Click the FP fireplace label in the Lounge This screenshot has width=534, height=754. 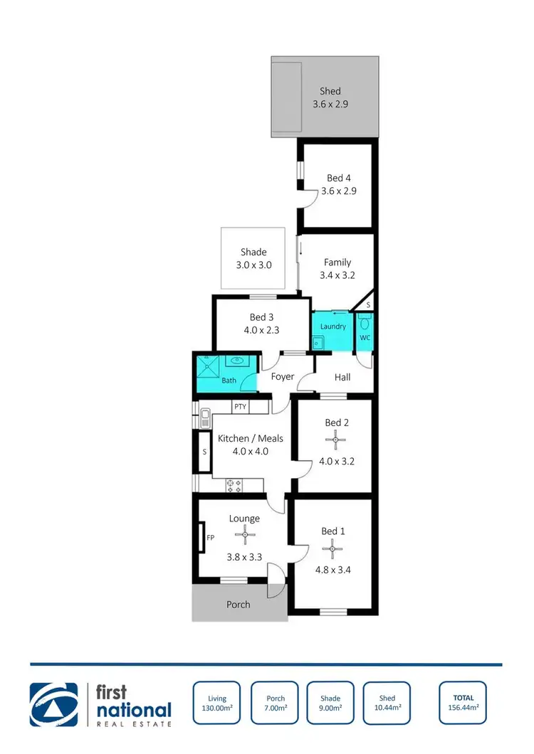(x=211, y=538)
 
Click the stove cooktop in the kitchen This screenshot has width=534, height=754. (x=234, y=486)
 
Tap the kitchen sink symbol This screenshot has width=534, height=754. (x=204, y=418)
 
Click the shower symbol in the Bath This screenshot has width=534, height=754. (x=210, y=366)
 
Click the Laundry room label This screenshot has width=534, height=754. (x=333, y=326)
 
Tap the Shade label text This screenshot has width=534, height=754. (x=253, y=252)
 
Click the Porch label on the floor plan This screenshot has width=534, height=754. (x=239, y=605)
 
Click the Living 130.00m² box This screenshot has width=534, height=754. (x=217, y=703)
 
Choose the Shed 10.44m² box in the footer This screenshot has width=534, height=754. (x=387, y=703)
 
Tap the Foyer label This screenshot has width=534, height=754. (x=283, y=376)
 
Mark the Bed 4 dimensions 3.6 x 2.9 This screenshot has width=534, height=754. (x=339, y=191)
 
